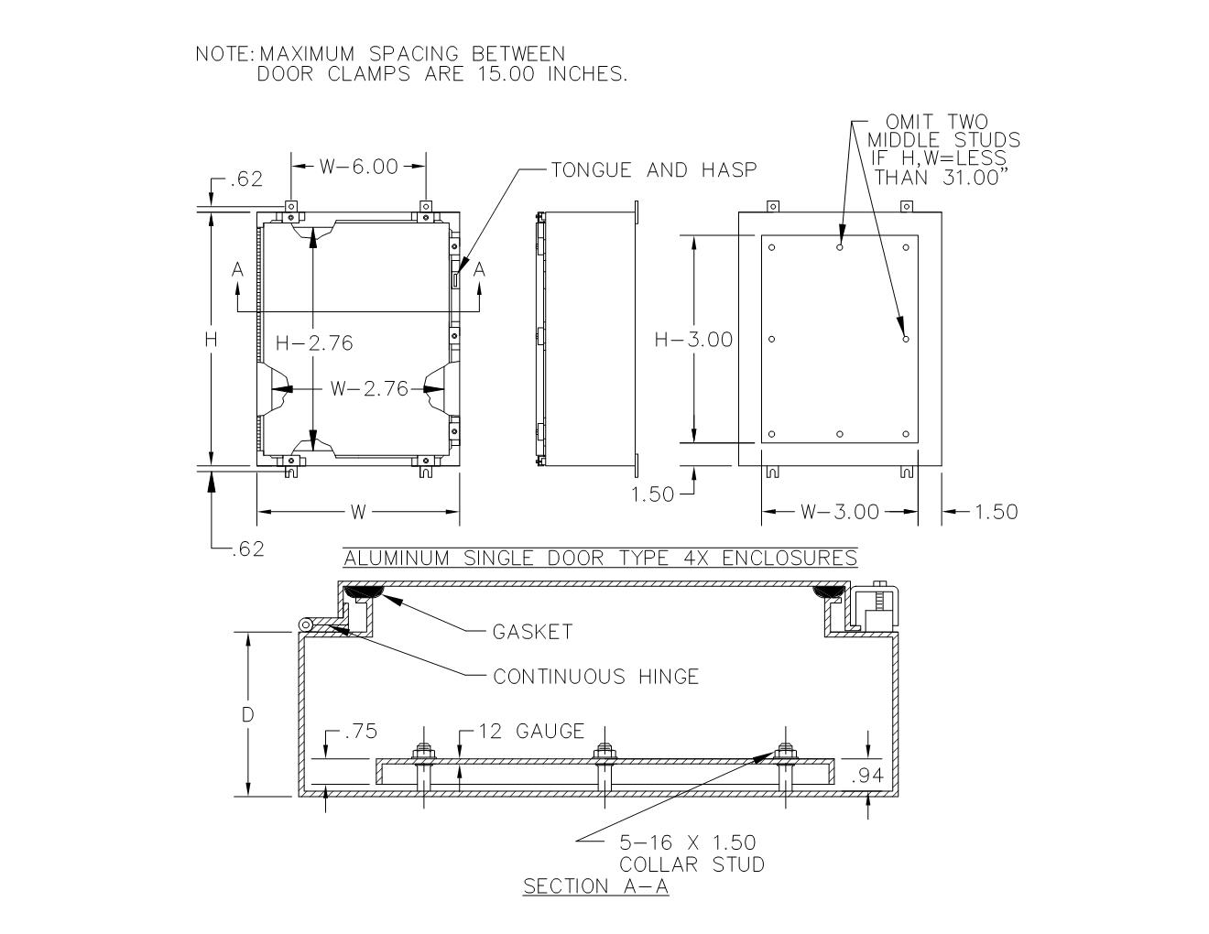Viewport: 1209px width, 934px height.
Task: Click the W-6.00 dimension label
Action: pos(359,167)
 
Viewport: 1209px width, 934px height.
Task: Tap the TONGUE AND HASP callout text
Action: pos(654,169)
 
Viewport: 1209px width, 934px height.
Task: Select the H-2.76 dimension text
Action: pos(314,342)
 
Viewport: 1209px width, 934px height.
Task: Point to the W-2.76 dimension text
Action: pos(369,388)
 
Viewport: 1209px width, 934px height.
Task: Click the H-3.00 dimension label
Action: pos(693,340)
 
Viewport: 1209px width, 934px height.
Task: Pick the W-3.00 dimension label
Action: pos(840,512)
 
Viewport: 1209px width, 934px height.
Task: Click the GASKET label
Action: pos(532,632)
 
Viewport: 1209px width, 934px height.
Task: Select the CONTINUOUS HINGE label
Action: pos(596,677)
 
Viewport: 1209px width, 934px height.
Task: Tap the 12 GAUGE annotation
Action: pos(531,731)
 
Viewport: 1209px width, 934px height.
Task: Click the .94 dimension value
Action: pos(867,775)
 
